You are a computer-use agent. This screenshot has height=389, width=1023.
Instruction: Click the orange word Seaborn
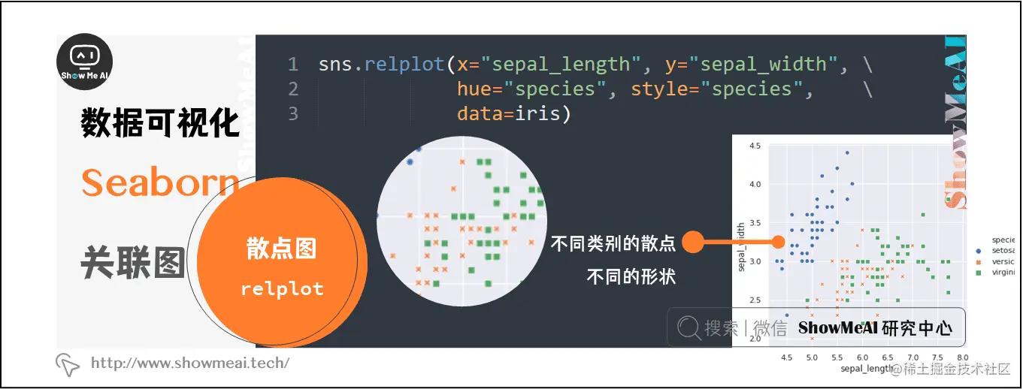160,182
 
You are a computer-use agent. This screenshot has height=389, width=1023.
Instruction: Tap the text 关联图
132,262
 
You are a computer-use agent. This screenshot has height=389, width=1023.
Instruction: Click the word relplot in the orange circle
282,289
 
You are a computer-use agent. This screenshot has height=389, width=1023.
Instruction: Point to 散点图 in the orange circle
282,249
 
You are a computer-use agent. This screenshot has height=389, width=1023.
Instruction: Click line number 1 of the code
292,65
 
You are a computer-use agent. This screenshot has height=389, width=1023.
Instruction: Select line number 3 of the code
292,113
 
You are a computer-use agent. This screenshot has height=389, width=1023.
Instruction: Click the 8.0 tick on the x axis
963,357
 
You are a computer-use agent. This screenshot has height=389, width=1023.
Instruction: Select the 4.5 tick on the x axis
787,357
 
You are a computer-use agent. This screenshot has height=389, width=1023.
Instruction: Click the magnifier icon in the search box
688,327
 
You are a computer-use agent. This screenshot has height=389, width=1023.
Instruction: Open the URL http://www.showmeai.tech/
189,363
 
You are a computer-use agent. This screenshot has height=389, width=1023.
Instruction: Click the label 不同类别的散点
613,243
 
